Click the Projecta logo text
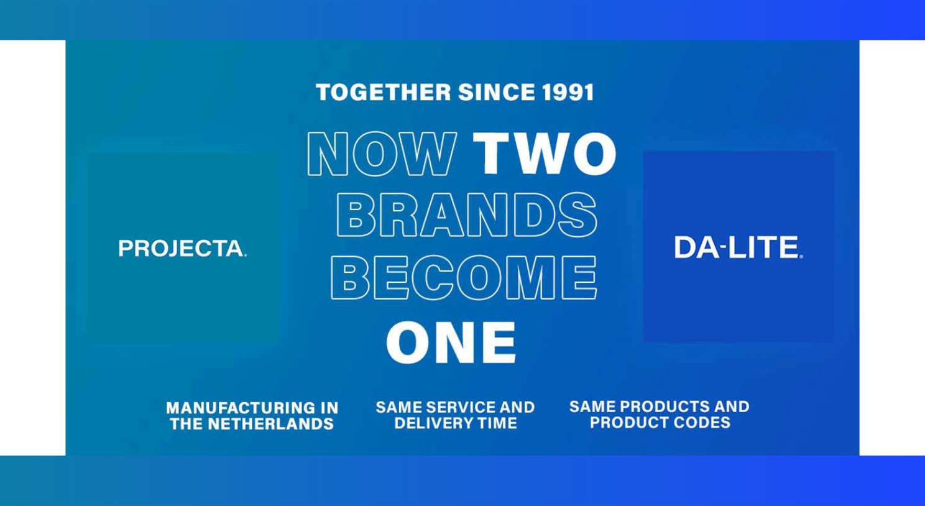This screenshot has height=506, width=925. [x=182, y=249]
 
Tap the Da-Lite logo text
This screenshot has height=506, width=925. [x=739, y=247]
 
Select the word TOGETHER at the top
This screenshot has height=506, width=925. [x=383, y=92]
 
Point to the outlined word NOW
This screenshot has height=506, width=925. [x=382, y=154]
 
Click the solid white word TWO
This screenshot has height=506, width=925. [x=545, y=154]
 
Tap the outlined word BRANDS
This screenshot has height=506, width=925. [x=467, y=214]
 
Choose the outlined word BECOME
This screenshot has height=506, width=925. [x=463, y=278]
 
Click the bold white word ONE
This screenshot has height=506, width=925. [x=451, y=343]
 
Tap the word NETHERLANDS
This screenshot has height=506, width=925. [x=270, y=424]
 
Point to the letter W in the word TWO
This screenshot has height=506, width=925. [x=545, y=154]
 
